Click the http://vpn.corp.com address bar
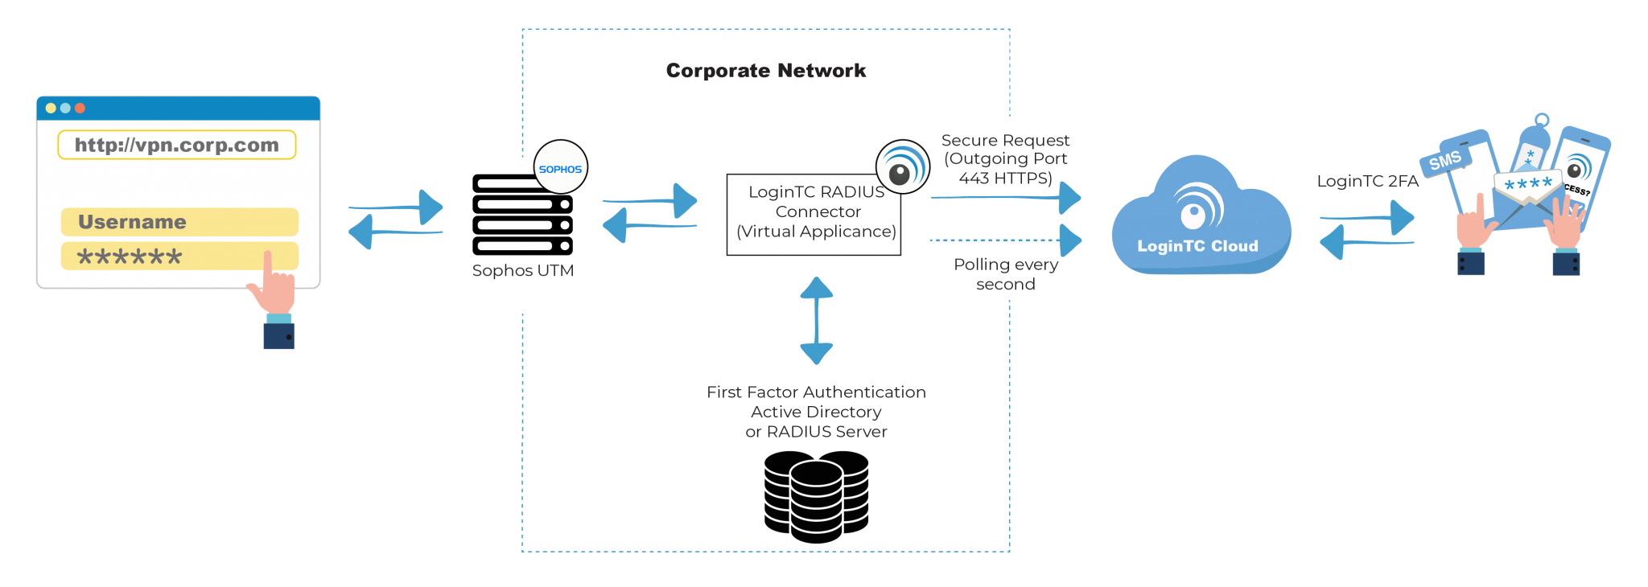(x=176, y=146)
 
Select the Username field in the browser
(x=179, y=222)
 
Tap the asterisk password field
(x=161, y=257)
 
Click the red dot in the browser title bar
(x=80, y=108)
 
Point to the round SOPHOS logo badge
(x=561, y=168)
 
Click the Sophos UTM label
(x=523, y=271)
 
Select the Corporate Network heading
(x=766, y=71)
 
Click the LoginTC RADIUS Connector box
(x=814, y=215)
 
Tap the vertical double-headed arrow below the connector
(x=816, y=320)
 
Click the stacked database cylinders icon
(x=816, y=496)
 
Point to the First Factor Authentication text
(x=816, y=392)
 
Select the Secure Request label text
(x=1005, y=141)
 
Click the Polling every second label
(x=1005, y=274)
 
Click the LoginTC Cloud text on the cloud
(x=1197, y=246)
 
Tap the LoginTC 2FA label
(x=1367, y=181)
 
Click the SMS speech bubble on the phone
(x=1445, y=161)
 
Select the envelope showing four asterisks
(x=1527, y=193)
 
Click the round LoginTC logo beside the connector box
(x=902, y=167)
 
